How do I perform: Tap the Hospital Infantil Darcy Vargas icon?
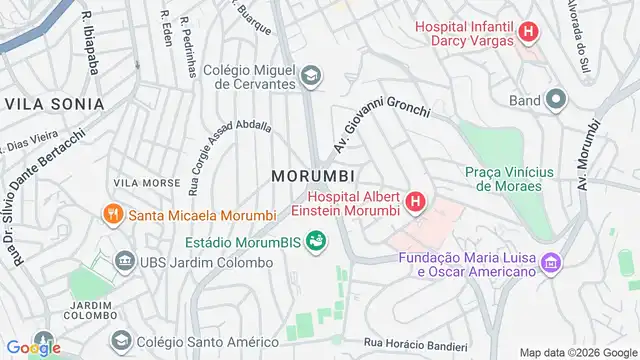[529, 33]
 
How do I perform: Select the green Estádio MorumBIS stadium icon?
[316, 241]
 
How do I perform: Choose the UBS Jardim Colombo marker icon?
[126, 262]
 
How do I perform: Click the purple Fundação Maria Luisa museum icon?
[549, 264]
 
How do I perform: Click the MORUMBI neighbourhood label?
[313, 176]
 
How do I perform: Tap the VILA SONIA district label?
[55, 104]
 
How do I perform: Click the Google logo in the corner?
[33, 348]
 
